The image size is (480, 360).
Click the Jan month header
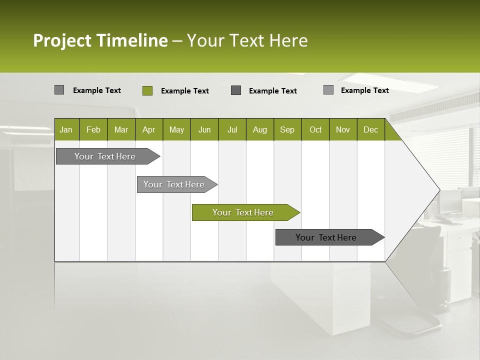(x=66, y=130)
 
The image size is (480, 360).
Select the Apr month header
(x=148, y=130)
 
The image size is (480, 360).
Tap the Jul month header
(x=232, y=130)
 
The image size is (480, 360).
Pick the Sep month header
(x=287, y=130)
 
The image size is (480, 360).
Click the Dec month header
(x=370, y=130)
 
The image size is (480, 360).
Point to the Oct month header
(x=315, y=130)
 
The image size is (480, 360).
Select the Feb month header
(x=93, y=130)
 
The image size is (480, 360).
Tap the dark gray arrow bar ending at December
(x=326, y=237)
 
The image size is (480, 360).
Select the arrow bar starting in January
(x=105, y=156)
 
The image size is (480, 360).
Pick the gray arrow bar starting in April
(x=174, y=184)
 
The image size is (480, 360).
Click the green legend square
(x=147, y=90)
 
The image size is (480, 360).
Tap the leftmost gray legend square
(x=59, y=90)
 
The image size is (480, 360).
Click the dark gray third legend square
(x=236, y=90)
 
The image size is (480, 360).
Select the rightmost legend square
(x=328, y=90)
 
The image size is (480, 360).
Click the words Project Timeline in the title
(x=100, y=40)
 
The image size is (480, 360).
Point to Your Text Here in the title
(x=247, y=40)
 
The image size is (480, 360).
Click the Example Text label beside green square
(x=184, y=91)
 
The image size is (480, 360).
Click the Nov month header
(x=343, y=130)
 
